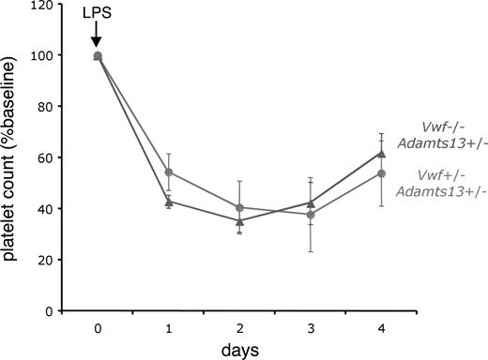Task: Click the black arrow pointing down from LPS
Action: click(x=98, y=37)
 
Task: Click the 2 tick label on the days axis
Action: click(x=240, y=330)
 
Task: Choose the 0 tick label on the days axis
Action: click(x=98, y=330)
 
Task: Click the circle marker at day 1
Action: click(x=168, y=172)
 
